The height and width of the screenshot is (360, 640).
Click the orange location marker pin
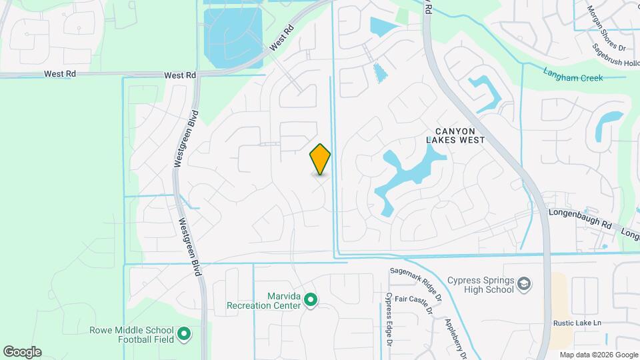(320, 159)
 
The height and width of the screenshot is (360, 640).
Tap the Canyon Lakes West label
(455, 135)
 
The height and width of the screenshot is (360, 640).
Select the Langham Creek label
(573, 78)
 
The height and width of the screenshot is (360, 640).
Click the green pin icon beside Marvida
(310, 301)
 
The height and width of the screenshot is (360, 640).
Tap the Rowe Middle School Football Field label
(131, 334)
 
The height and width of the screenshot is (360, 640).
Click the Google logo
(22, 351)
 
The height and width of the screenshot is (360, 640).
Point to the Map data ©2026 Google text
(598, 355)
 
